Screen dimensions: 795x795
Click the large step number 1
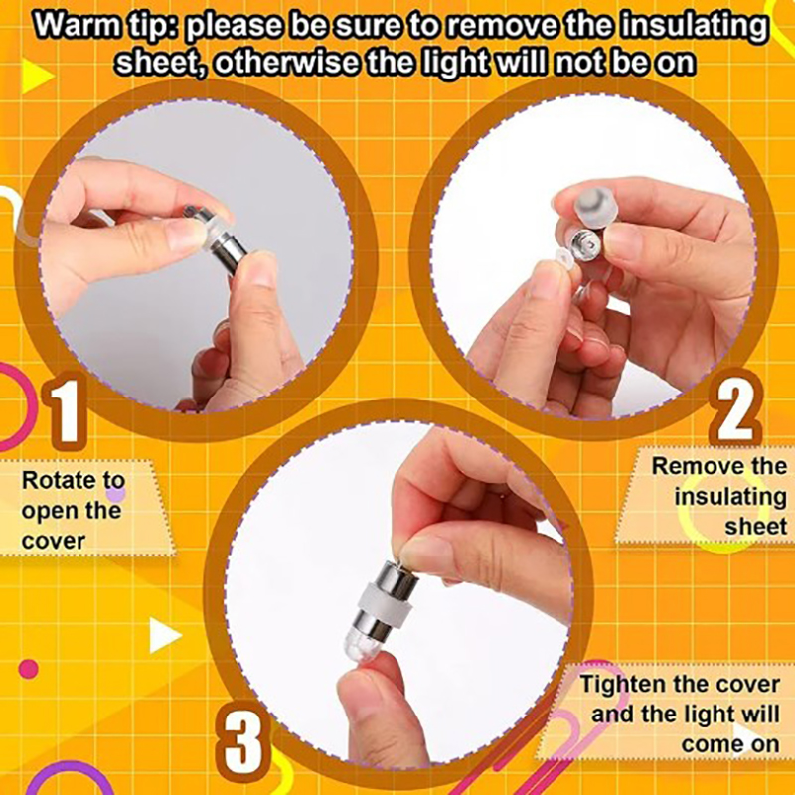point(65,410)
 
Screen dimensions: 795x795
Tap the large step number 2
point(734,408)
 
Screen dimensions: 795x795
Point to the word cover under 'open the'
point(53,541)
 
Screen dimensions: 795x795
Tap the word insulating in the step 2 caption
point(730,497)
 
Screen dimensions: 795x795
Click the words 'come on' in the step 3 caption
point(730,744)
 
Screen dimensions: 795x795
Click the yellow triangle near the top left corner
point(37,77)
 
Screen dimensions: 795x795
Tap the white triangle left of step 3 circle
point(164,635)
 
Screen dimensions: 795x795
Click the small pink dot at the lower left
point(29,669)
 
